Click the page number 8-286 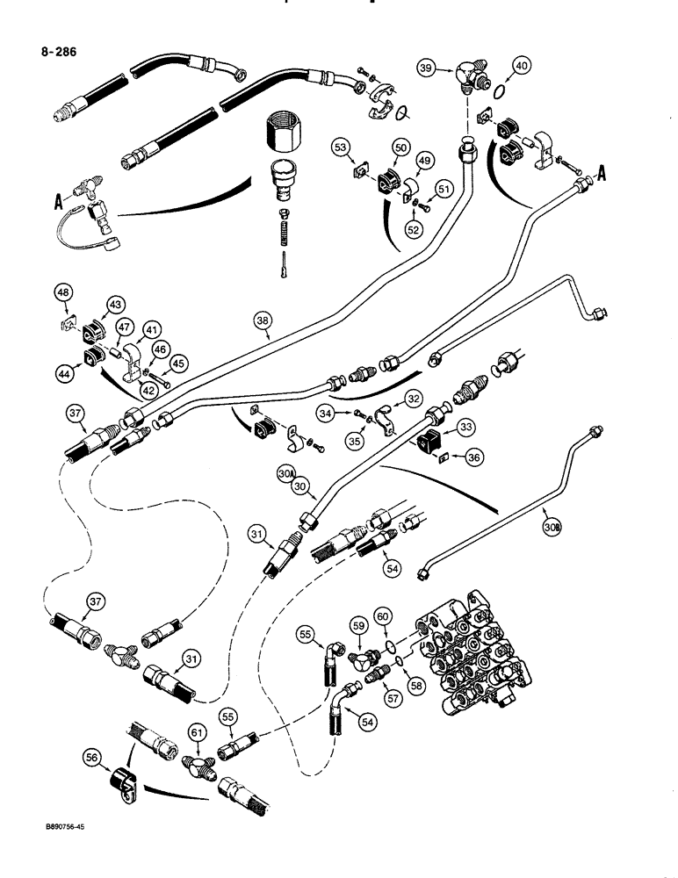(53, 52)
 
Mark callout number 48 (63, 292)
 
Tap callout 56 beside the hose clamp (92, 756)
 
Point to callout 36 (475, 456)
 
